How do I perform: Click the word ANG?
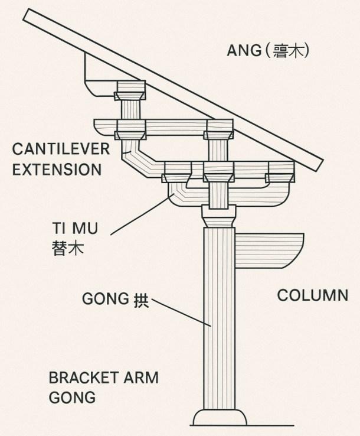pyautogui.click(x=244, y=51)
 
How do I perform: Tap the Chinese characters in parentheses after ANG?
pyautogui.click(x=289, y=51)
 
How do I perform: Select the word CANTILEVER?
pyautogui.click(x=61, y=149)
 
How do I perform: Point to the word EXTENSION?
pyautogui.click(x=57, y=170)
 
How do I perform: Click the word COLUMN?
pyautogui.click(x=313, y=295)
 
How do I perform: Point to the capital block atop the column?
pyautogui.click(x=219, y=213)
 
